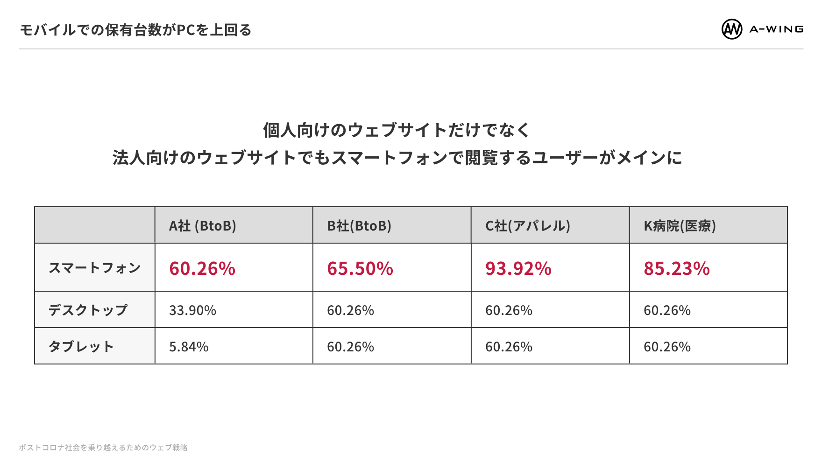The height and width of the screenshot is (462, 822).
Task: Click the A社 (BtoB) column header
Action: (x=202, y=226)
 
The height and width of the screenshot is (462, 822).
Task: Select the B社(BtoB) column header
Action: (x=359, y=226)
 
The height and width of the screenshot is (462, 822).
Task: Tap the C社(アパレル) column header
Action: (x=528, y=226)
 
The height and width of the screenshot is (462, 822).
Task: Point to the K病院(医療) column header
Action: (x=680, y=226)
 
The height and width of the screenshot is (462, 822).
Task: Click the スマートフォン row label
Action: (x=94, y=268)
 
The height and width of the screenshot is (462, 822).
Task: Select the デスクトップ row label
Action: (x=88, y=310)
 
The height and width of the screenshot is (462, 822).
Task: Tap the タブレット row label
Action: (x=81, y=346)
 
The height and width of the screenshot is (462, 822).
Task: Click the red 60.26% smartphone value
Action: (x=202, y=269)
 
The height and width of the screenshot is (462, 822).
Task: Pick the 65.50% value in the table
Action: (x=360, y=269)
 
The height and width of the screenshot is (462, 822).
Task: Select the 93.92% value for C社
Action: (x=518, y=269)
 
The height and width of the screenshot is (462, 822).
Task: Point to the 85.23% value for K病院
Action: (x=677, y=269)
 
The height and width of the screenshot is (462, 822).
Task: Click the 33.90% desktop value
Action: (x=192, y=310)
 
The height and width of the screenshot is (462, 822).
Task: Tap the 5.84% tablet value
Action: (x=189, y=347)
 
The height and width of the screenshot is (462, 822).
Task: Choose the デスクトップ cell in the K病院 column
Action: (x=667, y=310)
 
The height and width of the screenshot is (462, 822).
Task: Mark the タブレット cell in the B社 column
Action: (x=350, y=347)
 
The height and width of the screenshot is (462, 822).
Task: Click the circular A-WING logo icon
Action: (x=732, y=29)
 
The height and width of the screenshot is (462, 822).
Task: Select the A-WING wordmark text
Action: (x=776, y=29)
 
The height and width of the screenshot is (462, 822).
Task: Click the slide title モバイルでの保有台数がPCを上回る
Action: (x=135, y=30)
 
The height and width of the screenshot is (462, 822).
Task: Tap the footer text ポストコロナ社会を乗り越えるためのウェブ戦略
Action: (x=103, y=448)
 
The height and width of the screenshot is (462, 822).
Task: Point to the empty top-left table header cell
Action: (x=95, y=225)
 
